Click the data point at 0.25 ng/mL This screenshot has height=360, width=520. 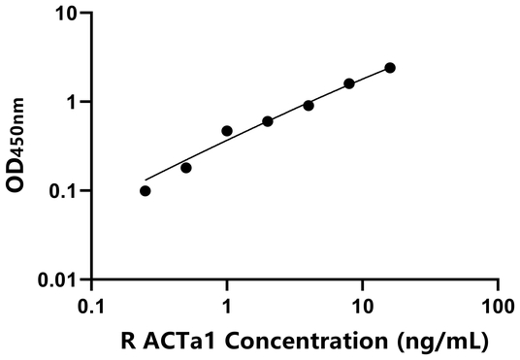pyautogui.click(x=146, y=191)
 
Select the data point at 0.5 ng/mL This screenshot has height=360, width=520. pyautogui.click(x=186, y=168)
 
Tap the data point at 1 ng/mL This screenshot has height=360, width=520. pyautogui.click(x=227, y=130)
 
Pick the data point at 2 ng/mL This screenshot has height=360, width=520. pyautogui.click(x=268, y=121)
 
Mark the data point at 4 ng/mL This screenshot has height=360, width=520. pyautogui.click(x=309, y=105)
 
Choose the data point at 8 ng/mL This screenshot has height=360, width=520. pyautogui.click(x=349, y=83)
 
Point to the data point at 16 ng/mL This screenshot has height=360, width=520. pyautogui.click(x=390, y=68)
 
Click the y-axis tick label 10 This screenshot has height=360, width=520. pyautogui.click(x=68, y=14)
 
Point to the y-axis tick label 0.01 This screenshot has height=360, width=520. pyautogui.click(x=61, y=280)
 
